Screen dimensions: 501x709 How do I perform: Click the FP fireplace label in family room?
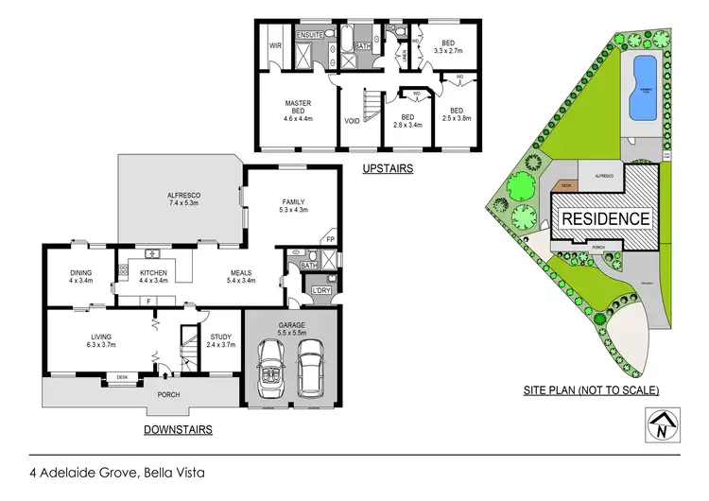(330, 239)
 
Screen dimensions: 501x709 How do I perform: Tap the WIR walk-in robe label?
(276, 43)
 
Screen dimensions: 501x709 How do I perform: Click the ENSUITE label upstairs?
(311, 34)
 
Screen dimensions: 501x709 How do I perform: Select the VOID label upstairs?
(352, 120)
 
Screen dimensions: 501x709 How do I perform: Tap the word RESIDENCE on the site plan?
(606, 218)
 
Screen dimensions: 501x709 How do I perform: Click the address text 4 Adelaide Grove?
(90, 471)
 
